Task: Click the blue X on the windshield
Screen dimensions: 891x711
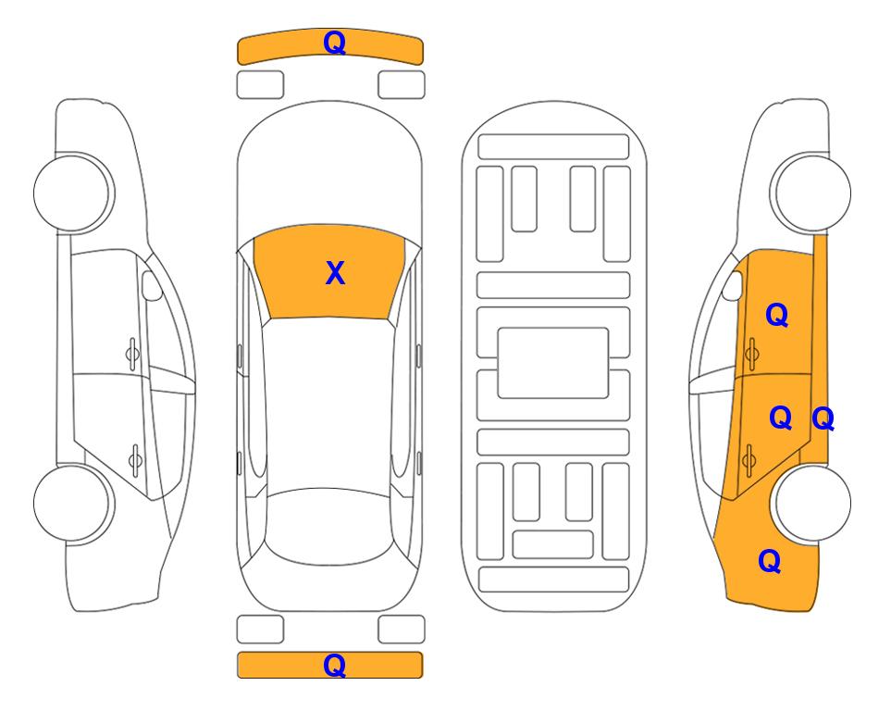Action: click(335, 273)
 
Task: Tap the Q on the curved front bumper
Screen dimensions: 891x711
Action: click(334, 42)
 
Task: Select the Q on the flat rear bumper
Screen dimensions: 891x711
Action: click(334, 665)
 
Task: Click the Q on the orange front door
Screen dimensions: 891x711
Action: click(777, 315)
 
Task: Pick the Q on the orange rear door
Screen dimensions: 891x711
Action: click(780, 418)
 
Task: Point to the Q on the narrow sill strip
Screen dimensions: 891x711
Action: click(823, 418)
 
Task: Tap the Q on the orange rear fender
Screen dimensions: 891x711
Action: click(770, 561)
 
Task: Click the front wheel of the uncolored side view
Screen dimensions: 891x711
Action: click(72, 193)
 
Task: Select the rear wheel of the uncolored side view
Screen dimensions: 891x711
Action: click(72, 503)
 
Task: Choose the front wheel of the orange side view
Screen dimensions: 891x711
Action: click(811, 193)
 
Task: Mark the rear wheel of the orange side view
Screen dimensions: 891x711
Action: click(811, 503)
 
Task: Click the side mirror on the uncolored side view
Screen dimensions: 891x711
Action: click(152, 285)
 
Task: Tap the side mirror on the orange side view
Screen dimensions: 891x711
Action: click(733, 285)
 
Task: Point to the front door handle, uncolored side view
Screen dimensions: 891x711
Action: click(132, 355)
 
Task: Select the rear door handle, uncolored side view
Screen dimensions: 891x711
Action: click(135, 459)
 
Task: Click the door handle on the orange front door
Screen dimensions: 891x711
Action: click(751, 355)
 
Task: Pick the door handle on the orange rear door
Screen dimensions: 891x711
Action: click(749, 459)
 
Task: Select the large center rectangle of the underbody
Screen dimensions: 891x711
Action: click(553, 363)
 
